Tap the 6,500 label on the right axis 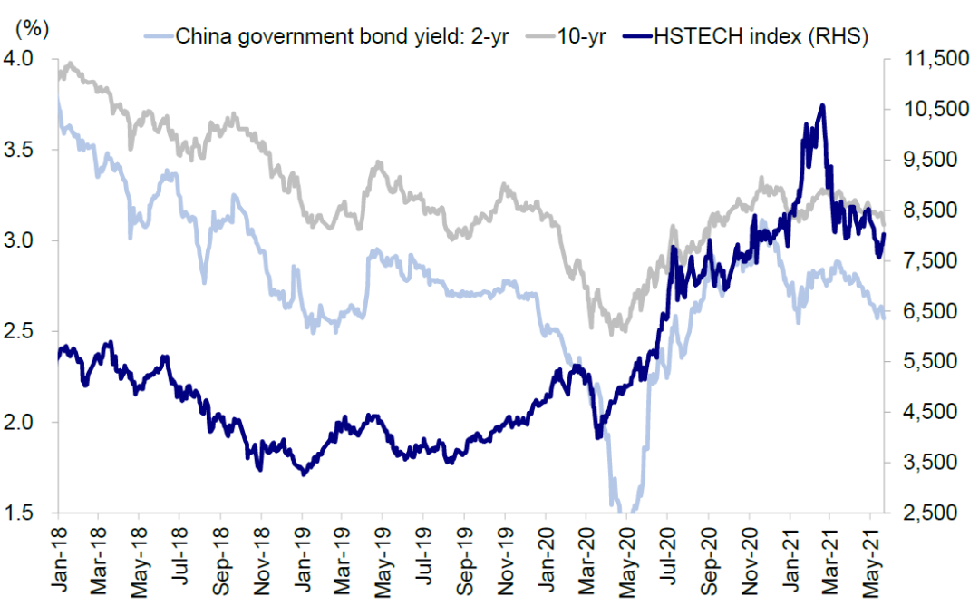(931, 310)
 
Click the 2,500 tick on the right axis (931, 513)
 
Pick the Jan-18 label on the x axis (59, 560)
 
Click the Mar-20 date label (586, 561)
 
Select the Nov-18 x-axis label (261, 561)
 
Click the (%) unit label (32, 28)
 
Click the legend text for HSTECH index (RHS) (761, 36)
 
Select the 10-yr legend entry (581, 36)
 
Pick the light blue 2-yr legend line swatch (159, 36)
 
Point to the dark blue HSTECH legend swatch (637, 36)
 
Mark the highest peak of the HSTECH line (822, 105)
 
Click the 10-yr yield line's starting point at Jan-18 (59, 75)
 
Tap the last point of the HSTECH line (884, 234)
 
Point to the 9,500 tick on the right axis (931, 160)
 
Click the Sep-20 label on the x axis (708, 561)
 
